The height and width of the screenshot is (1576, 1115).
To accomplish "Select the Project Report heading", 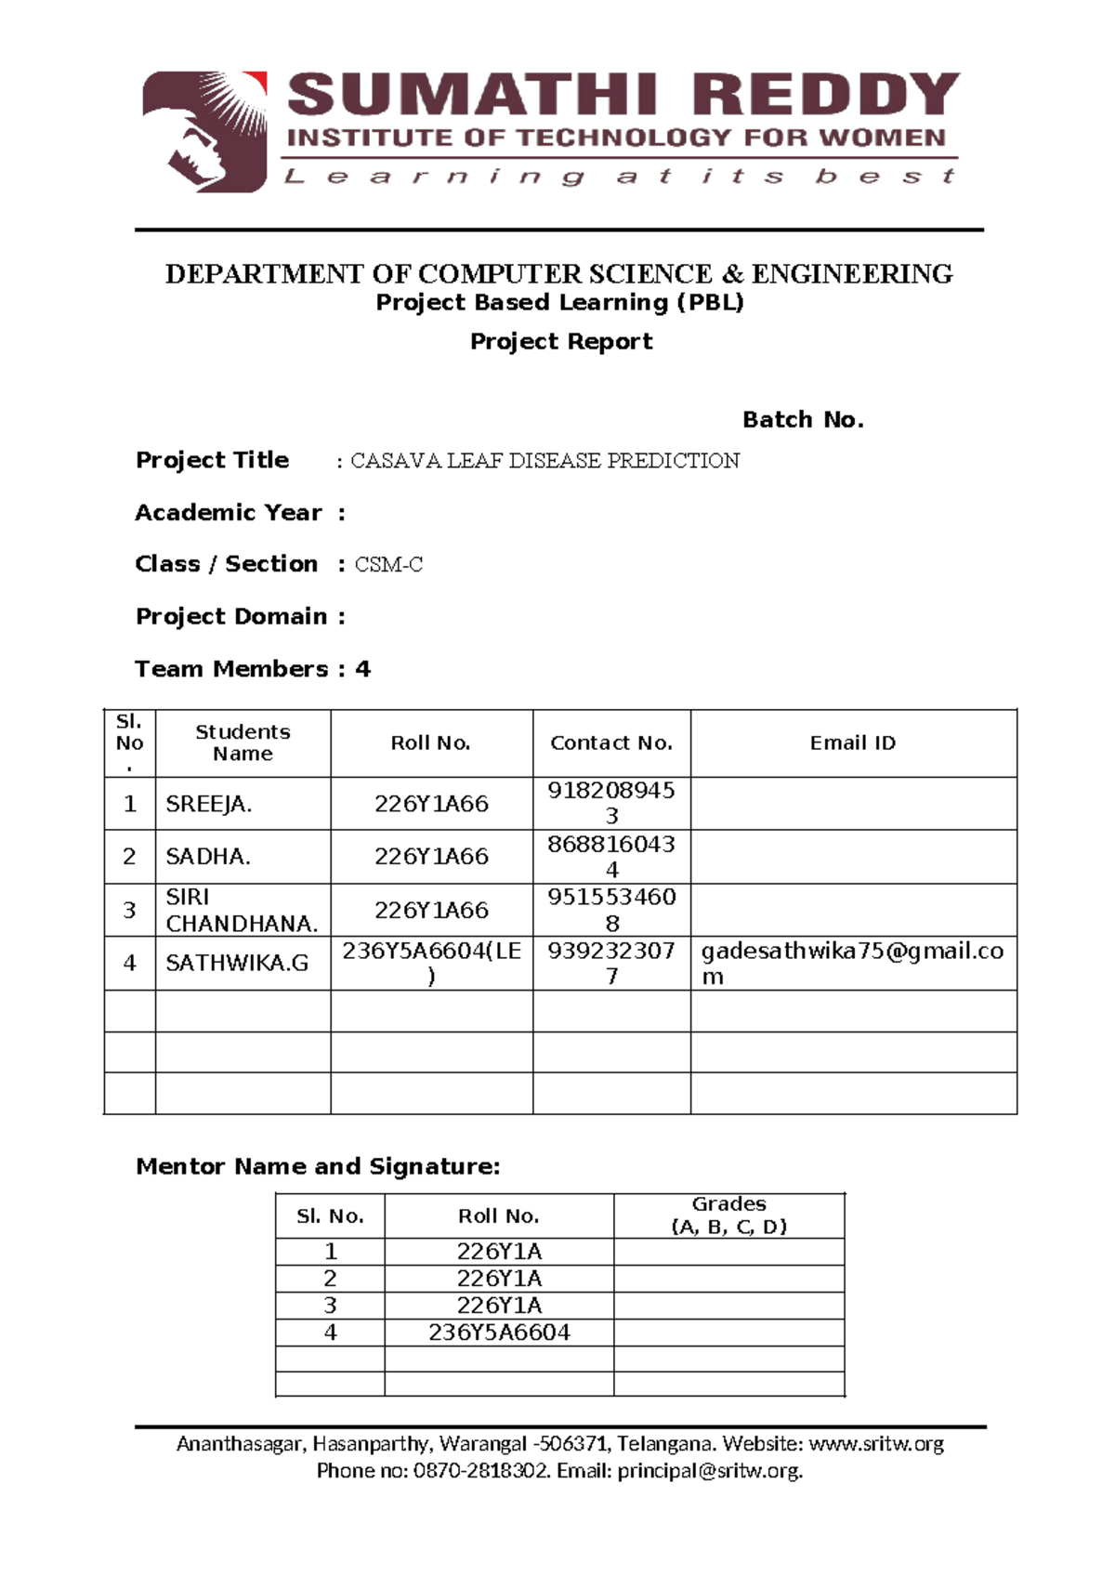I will [560, 342].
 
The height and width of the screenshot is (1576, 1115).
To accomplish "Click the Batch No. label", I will [803, 420].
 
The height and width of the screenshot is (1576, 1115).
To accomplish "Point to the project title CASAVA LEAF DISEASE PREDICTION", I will [544, 461].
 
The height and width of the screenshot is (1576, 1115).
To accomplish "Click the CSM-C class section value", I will [388, 565].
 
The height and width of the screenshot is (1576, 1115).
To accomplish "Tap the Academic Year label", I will [229, 513].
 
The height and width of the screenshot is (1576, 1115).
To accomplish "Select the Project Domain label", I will [231, 617].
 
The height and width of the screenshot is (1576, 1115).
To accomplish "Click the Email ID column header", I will [852, 743].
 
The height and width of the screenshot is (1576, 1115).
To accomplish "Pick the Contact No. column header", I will [610, 743].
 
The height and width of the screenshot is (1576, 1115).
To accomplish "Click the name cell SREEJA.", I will [208, 805].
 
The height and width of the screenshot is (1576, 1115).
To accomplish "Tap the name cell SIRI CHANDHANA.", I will [242, 911].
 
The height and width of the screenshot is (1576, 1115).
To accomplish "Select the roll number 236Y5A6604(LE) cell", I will [431, 964].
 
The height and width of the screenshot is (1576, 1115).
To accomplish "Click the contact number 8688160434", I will [610, 857].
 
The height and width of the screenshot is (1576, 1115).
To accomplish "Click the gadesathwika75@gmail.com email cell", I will [851, 964].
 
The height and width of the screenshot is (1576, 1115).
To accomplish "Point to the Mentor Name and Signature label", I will [318, 1167].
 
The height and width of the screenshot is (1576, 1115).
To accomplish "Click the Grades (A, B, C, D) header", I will [728, 1215].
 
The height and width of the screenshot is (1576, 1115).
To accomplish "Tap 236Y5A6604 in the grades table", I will [499, 1333].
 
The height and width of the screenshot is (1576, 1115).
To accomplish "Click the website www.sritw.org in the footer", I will [876, 1444].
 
